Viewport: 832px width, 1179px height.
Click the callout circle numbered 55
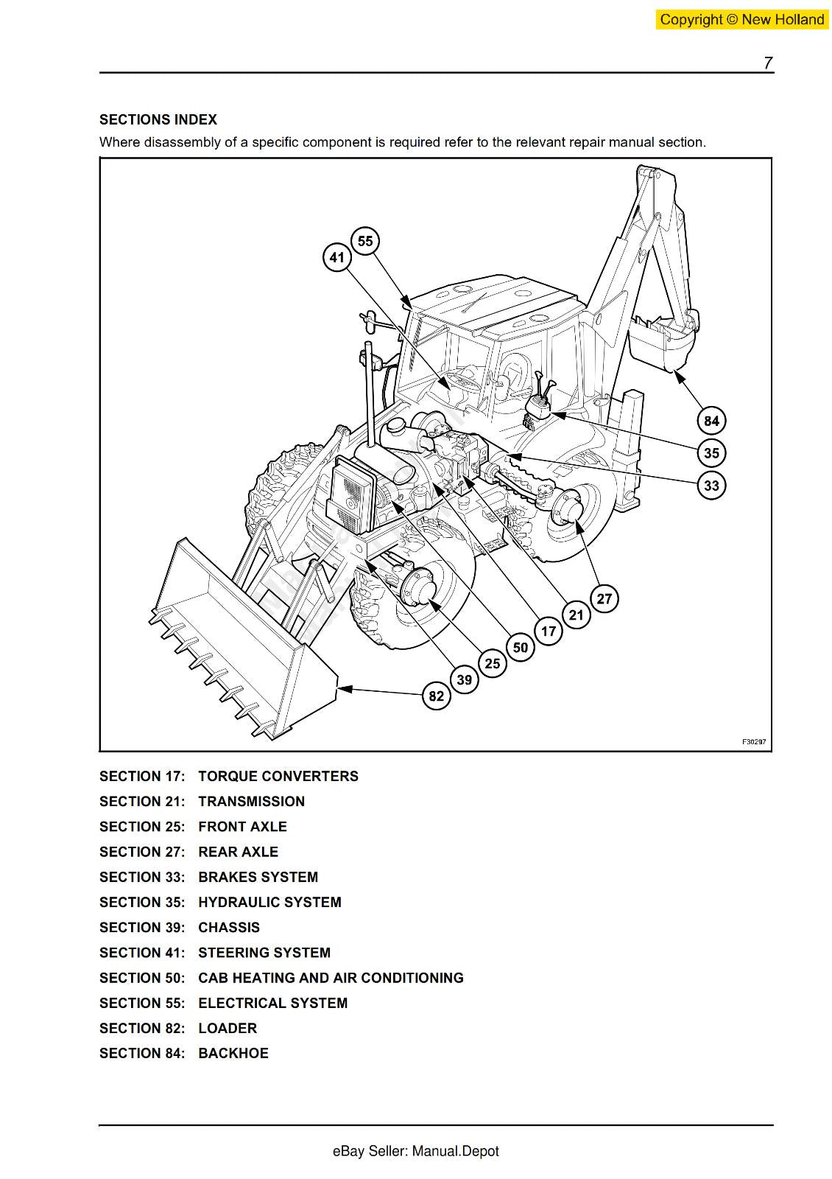click(x=365, y=241)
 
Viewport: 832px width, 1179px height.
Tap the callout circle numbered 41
click(x=336, y=257)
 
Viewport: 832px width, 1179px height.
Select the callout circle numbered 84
click(x=711, y=421)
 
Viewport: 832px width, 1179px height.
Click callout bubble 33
click(x=711, y=486)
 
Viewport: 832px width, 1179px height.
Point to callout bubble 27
click(x=604, y=598)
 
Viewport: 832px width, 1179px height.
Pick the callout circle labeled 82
click(x=437, y=696)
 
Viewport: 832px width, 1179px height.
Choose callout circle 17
click(x=549, y=631)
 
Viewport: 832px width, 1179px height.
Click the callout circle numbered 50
click(x=521, y=647)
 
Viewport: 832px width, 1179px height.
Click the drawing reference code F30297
click(x=753, y=742)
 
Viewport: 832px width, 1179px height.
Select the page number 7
click(x=767, y=63)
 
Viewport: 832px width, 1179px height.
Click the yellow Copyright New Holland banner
click(x=741, y=20)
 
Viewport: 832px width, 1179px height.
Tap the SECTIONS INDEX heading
click(x=158, y=119)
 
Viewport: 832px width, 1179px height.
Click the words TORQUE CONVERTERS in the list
click(x=278, y=776)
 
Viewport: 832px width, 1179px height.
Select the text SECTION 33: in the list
click(x=142, y=877)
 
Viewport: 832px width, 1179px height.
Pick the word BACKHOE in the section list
click(x=233, y=1053)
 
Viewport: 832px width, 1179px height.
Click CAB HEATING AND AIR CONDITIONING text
click(x=331, y=978)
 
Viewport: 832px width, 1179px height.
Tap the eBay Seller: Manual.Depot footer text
click(x=415, y=1151)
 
